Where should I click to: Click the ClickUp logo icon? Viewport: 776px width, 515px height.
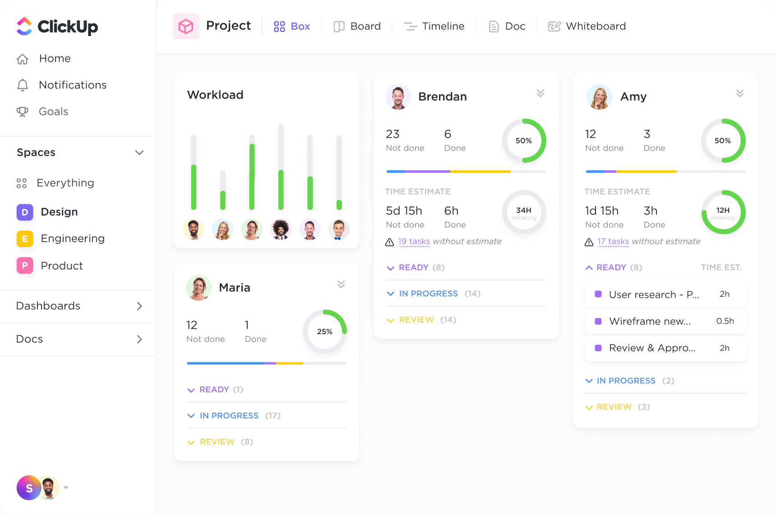(24, 26)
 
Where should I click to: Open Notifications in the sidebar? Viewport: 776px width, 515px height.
(72, 85)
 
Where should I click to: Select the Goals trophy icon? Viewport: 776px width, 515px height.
(22, 111)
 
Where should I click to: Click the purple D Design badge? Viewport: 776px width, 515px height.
(25, 212)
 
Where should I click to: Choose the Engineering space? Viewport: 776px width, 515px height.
(72, 239)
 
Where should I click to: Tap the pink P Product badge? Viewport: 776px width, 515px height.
(25, 266)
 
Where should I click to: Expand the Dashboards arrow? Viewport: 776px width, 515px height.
(139, 306)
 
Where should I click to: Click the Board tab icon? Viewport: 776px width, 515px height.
(339, 27)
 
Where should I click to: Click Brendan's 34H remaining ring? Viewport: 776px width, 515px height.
(524, 212)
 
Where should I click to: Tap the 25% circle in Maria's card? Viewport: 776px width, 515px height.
(324, 331)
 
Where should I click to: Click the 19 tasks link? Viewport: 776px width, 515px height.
(414, 241)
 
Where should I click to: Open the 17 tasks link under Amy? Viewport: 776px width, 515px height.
(613, 241)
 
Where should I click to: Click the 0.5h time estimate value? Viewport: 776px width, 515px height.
(725, 321)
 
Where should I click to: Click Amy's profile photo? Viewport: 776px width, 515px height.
(599, 97)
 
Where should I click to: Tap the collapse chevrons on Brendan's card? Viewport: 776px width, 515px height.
(540, 93)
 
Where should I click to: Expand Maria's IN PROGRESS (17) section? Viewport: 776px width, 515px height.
(229, 415)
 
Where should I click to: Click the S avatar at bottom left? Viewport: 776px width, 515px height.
(29, 488)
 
